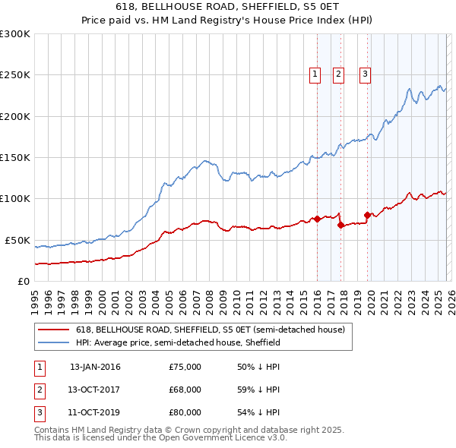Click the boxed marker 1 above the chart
point(315,74)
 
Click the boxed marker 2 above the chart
point(338,74)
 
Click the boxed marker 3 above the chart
point(365,74)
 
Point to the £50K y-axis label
point(17,240)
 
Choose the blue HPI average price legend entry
point(178,343)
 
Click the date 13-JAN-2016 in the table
point(95,367)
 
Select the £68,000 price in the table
point(185,390)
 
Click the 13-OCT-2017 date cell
point(95,390)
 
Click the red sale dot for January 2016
point(317,219)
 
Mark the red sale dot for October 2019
point(367,215)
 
